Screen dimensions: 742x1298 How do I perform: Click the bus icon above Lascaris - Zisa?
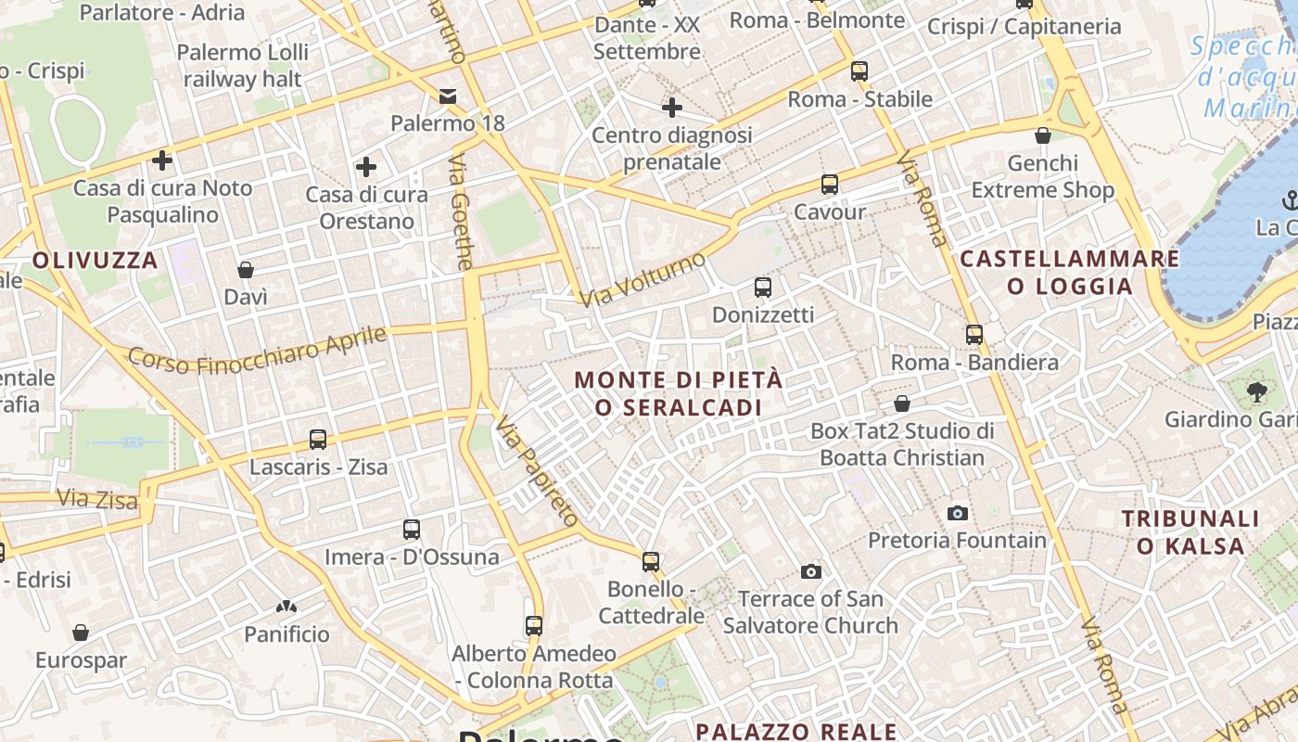[x=318, y=439]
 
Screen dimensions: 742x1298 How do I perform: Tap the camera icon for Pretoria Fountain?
[x=958, y=513]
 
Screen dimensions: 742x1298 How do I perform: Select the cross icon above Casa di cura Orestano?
[x=366, y=167]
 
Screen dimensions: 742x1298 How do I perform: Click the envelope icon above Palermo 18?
[x=448, y=96]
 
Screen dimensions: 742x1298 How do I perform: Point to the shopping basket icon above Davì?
[x=246, y=270]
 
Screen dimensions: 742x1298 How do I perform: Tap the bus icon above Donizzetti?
[x=763, y=288]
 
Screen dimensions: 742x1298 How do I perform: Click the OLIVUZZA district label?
[x=95, y=261]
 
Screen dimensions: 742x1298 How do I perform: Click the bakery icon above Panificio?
[x=286, y=608]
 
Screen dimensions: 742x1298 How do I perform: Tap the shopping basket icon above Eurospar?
[x=81, y=633]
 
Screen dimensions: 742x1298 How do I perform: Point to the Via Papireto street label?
[x=537, y=471]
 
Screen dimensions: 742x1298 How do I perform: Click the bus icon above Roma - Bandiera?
[x=974, y=335]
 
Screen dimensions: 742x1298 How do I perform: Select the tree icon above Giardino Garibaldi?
[x=1257, y=392]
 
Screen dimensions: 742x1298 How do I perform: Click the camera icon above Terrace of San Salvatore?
[x=811, y=571]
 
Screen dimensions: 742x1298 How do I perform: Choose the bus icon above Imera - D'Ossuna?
[x=412, y=530]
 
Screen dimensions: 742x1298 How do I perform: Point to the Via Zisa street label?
[x=97, y=499]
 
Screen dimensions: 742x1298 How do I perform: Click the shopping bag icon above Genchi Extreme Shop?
[x=1043, y=136]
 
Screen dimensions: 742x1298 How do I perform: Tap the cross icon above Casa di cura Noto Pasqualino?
[x=162, y=160]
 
